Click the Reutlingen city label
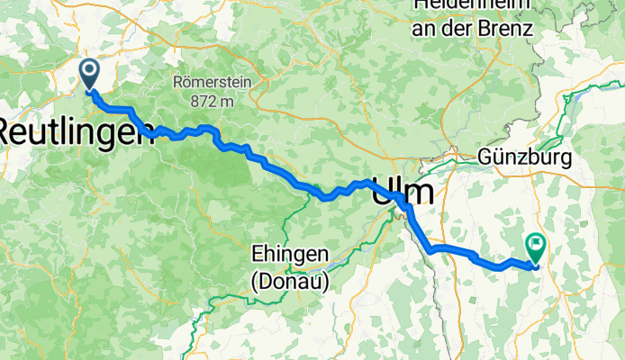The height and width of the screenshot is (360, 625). click(76, 134)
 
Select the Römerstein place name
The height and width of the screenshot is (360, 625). click(213, 83)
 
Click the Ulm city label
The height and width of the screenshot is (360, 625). click(403, 191)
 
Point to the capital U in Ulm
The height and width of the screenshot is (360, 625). click(383, 191)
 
